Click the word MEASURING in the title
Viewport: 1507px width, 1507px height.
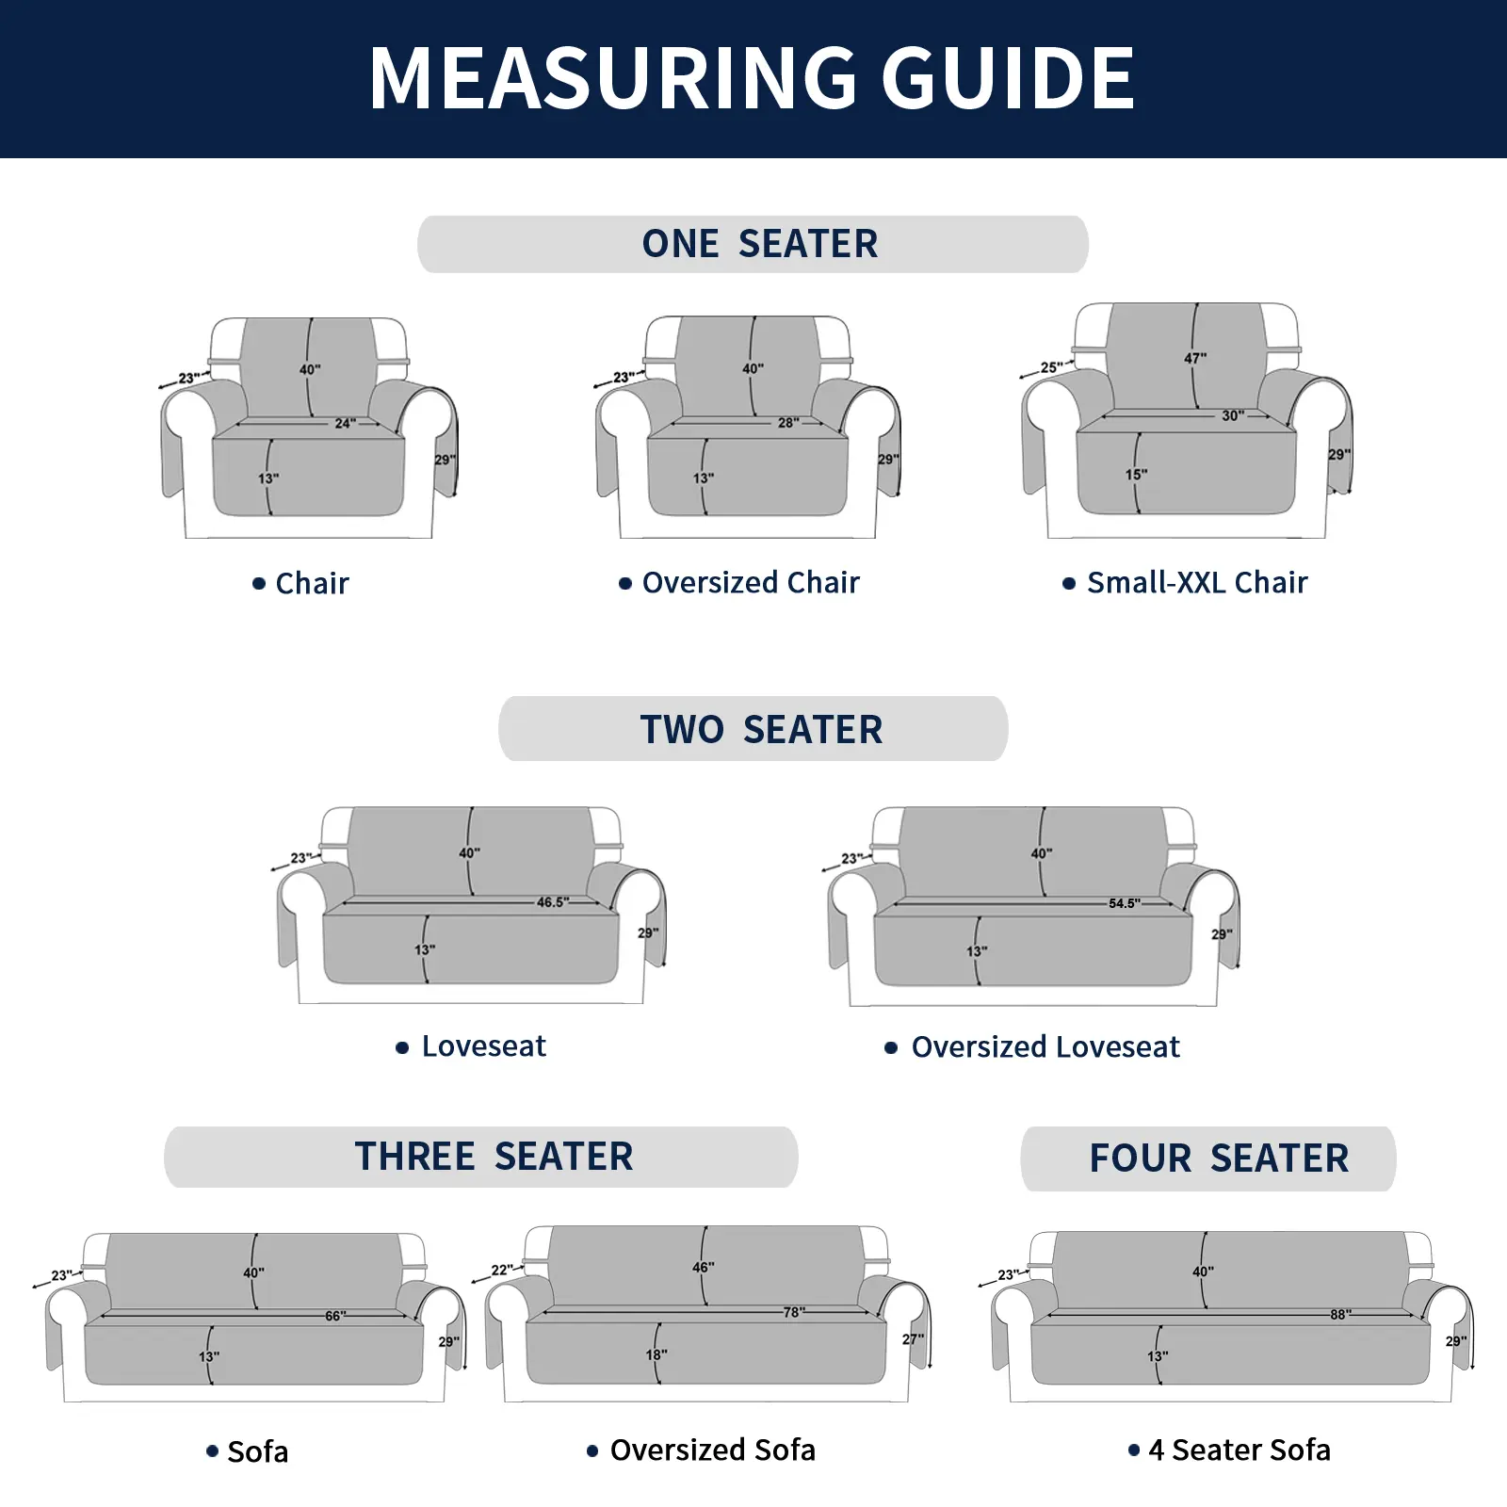tap(613, 78)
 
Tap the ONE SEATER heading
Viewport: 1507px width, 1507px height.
tap(760, 244)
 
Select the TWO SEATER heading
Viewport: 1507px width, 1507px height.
tap(762, 730)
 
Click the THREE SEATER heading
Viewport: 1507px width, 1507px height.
tap(494, 1157)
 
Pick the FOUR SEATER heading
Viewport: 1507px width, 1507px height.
tap(1219, 1159)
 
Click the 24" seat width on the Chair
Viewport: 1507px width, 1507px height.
tap(346, 424)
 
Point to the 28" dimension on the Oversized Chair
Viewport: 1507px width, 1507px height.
tap(788, 423)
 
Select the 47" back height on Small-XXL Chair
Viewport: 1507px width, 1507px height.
tap(1195, 359)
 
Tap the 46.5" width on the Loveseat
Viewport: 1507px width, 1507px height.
tap(553, 902)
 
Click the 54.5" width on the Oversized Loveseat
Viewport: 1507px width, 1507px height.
tap(1124, 903)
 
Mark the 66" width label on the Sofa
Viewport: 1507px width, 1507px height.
tap(335, 1316)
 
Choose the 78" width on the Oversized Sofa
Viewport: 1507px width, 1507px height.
tap(794, 1312)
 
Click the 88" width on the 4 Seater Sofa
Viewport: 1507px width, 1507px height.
tap(1340, 1314)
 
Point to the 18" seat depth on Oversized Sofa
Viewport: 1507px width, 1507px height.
tap(656, 1354)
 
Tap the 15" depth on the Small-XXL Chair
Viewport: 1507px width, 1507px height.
tap(1136, 475)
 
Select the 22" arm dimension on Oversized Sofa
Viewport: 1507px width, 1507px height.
tap(502, 1270)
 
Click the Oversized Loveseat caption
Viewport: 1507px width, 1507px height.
tap(1045, 1047)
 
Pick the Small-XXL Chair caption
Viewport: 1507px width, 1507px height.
tap(1197, 583)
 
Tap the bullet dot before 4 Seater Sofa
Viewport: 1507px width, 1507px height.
tap(1134, 1450)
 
